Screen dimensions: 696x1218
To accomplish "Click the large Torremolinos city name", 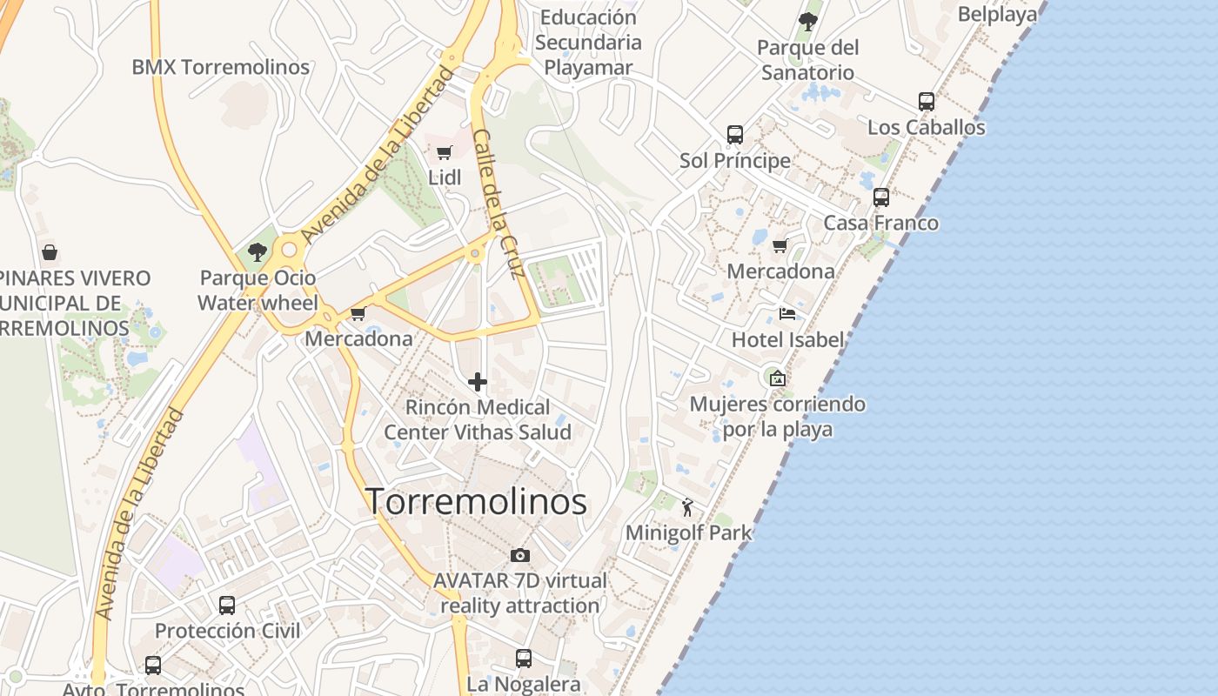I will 476,502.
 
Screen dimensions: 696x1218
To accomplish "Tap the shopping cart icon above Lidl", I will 444,153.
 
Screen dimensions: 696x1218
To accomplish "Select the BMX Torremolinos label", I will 220,67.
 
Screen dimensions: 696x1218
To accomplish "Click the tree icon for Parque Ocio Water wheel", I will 257,252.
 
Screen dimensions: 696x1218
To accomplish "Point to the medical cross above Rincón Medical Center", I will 477,381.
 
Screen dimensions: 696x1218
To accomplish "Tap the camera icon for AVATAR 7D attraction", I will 520,555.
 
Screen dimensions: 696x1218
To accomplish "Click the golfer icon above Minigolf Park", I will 688,507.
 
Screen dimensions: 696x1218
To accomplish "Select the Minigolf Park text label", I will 688,532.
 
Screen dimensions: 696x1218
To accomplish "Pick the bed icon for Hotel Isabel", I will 787,314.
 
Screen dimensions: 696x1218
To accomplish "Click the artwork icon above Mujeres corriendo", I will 778,378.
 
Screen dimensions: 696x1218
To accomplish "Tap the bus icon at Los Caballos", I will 927,102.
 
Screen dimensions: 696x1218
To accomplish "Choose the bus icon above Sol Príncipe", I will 735,135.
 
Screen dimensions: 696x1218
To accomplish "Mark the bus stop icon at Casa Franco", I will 881,197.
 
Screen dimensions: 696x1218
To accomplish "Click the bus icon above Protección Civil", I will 227,605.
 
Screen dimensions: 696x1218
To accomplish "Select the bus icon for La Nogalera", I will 524,659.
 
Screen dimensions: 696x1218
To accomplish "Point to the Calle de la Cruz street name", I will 498,204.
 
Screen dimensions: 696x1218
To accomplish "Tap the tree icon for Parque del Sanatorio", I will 808,22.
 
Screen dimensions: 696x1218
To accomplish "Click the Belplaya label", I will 997,15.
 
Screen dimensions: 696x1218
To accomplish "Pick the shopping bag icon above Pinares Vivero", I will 50,252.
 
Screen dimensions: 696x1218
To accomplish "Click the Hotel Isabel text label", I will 787,339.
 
